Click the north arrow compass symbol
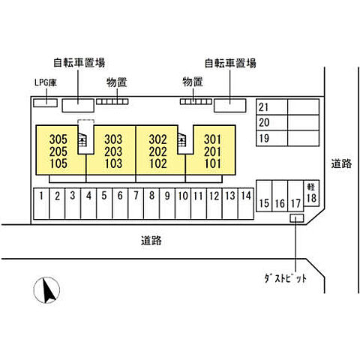(x=46, y=290)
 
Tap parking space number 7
(x=136, y=204)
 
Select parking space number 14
(x=246, y=204)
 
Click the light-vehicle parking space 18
(x=311, y=193)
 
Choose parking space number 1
(x=41, y=204)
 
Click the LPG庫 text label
(x=46, y=82)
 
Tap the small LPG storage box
(x=46, y=103)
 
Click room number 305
(x=58, y=139)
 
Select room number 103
(x=113, y=163)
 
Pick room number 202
(x=158, y=151)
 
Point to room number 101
(x=213, y=163)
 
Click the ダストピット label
(x=286, y=278)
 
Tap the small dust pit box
(x=297, y=218)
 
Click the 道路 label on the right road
(x=341, y=163)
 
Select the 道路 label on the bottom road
(x=151, y=241)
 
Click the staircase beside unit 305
(x=82, y=141)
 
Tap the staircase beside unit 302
(x=182, y=140)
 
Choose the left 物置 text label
(x=117, y=82)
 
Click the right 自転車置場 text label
(x=230, y=63)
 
